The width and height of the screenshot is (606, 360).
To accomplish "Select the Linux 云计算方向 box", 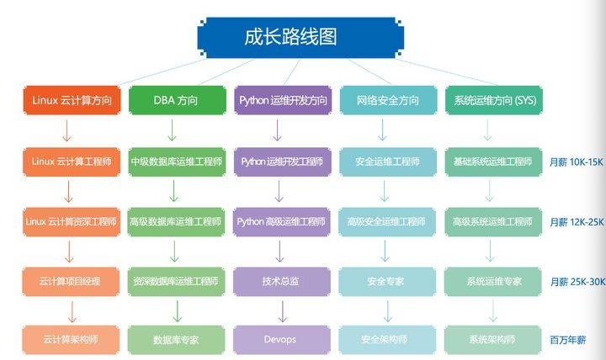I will click(71, 101).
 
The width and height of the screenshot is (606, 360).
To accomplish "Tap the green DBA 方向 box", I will click(176, 101).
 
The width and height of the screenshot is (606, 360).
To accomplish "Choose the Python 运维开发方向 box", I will click(282, 101).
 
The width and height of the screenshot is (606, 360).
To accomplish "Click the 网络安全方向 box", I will click(386, 101).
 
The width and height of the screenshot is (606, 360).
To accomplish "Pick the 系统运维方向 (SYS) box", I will click(492, 101).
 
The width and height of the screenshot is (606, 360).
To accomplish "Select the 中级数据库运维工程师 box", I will click(176, 161).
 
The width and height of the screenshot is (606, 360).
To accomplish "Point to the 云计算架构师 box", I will click(71, 340).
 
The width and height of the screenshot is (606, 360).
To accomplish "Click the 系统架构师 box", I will click(492, 340).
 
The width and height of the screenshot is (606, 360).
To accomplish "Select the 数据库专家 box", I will click(176, 340).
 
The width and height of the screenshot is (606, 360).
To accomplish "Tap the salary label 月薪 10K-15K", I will click(577, 161).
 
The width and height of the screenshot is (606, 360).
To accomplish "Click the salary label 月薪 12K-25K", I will click(577, 222).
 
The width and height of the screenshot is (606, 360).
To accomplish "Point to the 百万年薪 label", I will click(567, 341).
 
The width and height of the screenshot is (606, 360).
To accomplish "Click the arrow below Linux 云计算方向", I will click(68, 130).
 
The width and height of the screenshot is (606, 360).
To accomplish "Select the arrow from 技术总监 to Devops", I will click(281, 311).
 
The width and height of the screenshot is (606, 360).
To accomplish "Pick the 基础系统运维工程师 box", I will click(492, 161).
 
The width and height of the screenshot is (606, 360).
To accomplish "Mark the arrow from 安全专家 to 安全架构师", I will click(386, 311).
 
